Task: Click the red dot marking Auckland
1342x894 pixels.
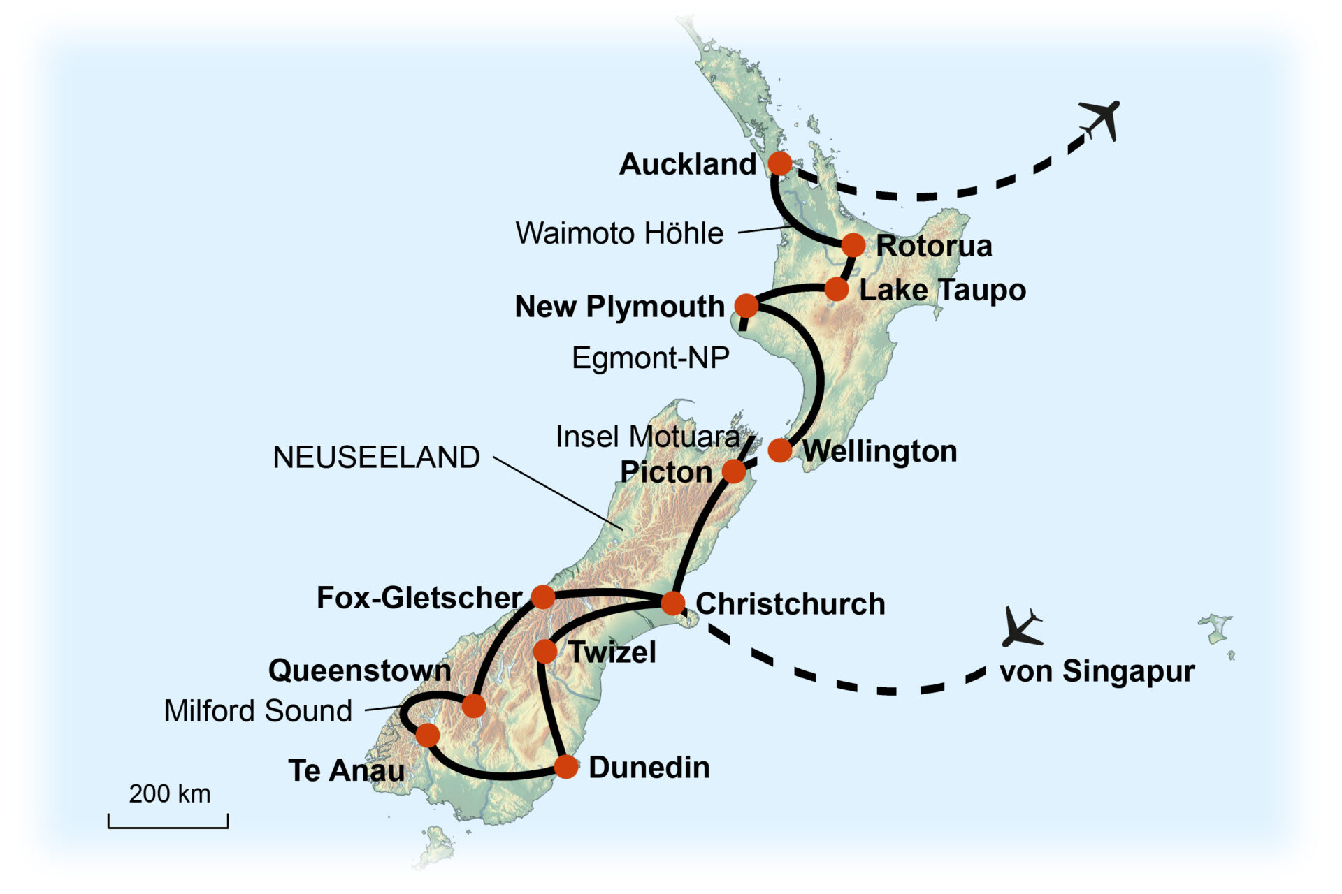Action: (780, 163)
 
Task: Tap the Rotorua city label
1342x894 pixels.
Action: (934, 246)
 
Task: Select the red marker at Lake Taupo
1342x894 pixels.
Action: (837, 288)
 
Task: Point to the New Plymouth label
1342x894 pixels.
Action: (619, 307)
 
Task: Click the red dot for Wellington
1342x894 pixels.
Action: (780, 450)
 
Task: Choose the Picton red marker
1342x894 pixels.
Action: (733, 471)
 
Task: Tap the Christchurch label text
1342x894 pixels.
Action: (790, 604)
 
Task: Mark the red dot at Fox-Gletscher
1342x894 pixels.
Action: (543, 596)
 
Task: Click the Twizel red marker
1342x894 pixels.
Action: (545, 652)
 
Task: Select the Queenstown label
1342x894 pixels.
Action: (359, 670)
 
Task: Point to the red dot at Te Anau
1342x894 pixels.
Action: (428, 735)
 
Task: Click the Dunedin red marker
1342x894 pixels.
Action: (566, 767)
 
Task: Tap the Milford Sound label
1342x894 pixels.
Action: (258, 711)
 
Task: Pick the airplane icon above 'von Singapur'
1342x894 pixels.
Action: (1022, 626)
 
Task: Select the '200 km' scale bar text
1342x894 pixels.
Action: (169, 794)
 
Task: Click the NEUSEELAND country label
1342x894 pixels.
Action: (376, 457)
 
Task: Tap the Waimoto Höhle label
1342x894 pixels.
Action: (619, 233)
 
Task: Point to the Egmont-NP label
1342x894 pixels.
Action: (650, 358)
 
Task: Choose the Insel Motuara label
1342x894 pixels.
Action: (647, 437)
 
